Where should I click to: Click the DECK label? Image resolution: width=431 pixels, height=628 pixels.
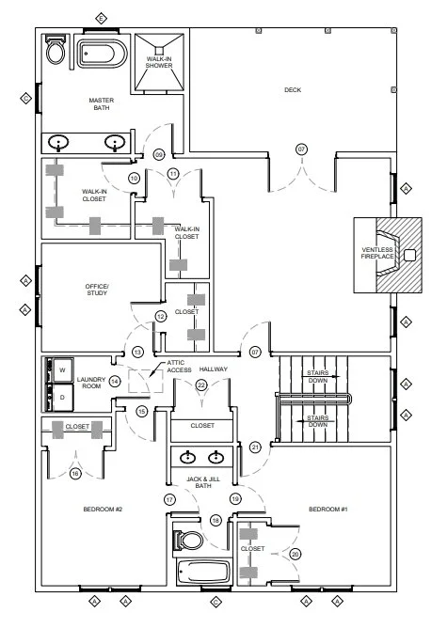pyautogui.click(x=293, y=90)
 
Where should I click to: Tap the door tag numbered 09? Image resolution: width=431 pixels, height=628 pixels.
pyautogui.click(x=159, y=154)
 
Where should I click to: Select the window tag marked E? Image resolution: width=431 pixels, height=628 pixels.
pyautogui.click(x=101, y=19)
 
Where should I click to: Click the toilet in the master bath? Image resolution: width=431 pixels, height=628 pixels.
pyautogui.click(x=55, y=49)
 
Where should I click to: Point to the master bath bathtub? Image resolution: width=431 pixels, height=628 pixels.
pyautogui.click(x=102, y=54)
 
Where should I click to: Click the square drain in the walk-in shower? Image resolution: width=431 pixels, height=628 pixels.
pyautogui.click(x=160, y=51)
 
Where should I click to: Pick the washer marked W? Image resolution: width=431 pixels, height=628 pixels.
pyautogui.click(x=62, y=370)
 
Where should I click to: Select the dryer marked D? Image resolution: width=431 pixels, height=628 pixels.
pyautogui.click(x=62, y=398)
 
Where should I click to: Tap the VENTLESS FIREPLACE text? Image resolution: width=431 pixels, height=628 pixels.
pyautogui.click(x=377, y=253)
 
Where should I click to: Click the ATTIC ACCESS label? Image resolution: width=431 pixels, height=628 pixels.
pyautogui.click(x=179, y=366)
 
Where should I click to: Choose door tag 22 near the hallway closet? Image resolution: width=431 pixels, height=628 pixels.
pyautogui.click(x=201, y=385)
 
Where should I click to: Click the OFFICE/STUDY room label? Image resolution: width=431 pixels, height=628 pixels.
pyautogui.click(x=97, y=290)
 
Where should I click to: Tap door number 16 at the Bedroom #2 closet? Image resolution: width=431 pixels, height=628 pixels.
pyautogui.click(x=75, y=474)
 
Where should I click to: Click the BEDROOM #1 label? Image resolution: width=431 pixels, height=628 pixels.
pyautogui.click(x=328, y=509)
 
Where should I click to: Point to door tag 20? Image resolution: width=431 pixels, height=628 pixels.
pyautogui.click(x=295, y=555)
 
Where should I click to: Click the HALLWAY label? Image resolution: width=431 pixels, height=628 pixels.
pyautogui.click(x=214, y=369)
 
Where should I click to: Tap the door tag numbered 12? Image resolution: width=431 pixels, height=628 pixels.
pyautogui.click(x=161, y=317)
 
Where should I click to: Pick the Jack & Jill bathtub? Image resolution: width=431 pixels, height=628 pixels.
pyautogui.click(x=203, y=572)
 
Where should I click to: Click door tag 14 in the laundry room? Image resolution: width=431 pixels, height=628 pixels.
pyautogui.click(x=115, y=382)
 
